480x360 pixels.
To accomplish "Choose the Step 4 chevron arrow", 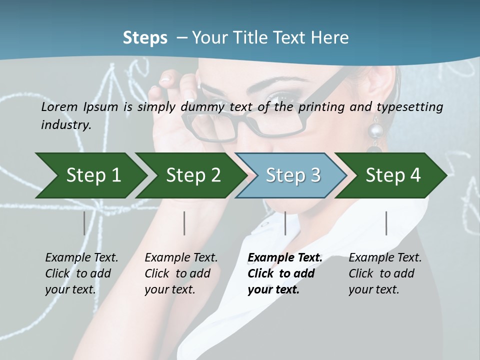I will point(393,175).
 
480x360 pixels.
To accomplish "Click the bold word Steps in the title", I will point(145,37).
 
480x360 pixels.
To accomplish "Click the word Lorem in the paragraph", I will point(59,106).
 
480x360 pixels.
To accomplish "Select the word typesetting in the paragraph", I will point(414,106).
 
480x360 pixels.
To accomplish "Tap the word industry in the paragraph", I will point(66,124).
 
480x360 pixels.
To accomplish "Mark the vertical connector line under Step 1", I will point(84,223).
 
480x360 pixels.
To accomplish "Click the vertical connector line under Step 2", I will point(184,223).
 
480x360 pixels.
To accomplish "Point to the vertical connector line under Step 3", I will point(285,223).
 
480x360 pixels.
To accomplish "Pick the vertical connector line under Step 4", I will point(386,223).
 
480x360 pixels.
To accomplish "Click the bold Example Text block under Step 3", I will point(285,273).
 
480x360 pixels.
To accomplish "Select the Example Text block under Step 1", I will point(81,273).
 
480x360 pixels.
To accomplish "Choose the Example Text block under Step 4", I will point(385,273).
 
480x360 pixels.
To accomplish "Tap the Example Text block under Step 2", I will point(181,273).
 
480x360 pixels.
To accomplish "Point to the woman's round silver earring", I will point(375,131).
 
